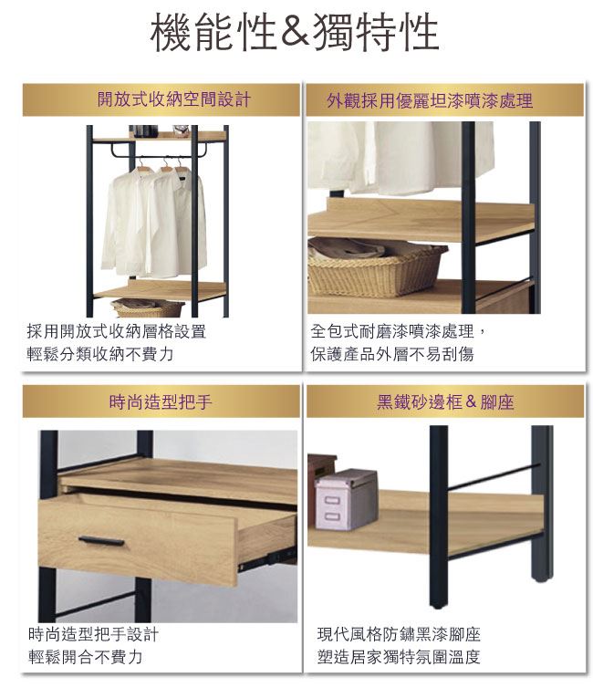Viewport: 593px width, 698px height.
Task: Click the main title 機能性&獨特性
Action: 295,33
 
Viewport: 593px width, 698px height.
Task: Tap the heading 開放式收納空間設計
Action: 174,99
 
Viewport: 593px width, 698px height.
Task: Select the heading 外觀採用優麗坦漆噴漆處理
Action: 430,100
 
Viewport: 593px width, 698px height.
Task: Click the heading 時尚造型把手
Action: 161,402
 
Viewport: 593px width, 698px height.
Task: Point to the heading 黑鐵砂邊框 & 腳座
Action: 445,402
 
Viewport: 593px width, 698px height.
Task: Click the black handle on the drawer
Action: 101,541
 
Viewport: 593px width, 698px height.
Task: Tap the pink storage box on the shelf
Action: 346,499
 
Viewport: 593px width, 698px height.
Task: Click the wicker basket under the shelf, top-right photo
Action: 376,268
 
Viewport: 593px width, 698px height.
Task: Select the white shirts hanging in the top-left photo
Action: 153,223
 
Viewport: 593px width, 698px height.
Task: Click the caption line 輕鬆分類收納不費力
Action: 99,354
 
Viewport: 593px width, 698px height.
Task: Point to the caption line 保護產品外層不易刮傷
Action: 392,354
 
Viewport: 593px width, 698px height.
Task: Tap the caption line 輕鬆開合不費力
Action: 85,657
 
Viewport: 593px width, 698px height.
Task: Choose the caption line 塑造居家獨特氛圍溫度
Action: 399,657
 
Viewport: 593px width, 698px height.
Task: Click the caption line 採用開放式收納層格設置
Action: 116,331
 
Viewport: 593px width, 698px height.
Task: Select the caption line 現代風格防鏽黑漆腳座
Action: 399,634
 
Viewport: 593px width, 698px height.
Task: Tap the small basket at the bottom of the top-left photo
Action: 148,308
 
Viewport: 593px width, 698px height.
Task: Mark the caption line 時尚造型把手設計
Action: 93,634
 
